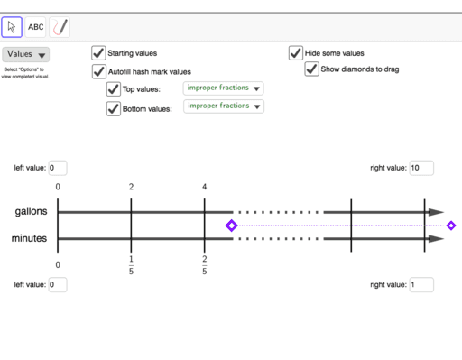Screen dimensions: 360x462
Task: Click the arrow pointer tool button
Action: click(x=12, y=27)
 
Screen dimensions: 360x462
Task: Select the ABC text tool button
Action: click(x=35, y=27)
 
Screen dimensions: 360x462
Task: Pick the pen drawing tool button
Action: click(x=60, y=27)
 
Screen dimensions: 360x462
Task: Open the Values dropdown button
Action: click(x=25, y=55)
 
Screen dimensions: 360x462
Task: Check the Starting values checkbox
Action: click(x=98, y=53)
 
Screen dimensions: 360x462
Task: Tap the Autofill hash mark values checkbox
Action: click(x=98, y=71)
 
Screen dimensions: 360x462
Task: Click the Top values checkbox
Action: click(x=113, y=89)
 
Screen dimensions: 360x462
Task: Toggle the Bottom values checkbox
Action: click(x=113, y=108)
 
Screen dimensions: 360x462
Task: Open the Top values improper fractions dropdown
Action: click(x=223, y=88)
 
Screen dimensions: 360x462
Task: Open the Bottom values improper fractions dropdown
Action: click(x=223, y=106)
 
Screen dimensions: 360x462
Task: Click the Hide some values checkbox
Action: click(x=295, y=53)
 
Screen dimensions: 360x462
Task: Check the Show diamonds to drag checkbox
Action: click(x=311, y=69)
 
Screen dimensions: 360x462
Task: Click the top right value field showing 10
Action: click(x=420, y=168)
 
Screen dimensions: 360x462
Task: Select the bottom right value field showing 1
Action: click(x=420, y=285)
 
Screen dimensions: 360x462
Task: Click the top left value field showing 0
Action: click(x=56, y=168)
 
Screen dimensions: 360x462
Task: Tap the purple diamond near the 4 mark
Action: click(x=231, y=226)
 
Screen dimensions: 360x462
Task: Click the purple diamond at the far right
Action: click(x=451, y=226)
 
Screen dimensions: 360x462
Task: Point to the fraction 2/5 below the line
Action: click(x=205, y=264)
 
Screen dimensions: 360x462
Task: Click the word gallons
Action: click(x=31, y=211)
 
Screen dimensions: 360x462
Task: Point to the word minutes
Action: click(x=30, y=239)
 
